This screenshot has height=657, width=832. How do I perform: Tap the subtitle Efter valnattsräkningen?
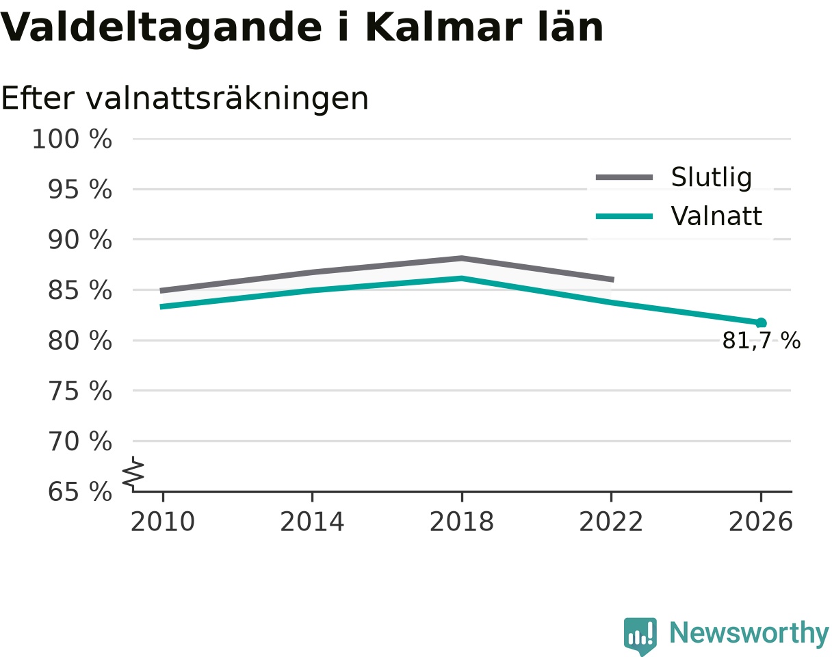185,99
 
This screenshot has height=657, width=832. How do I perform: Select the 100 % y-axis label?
72,139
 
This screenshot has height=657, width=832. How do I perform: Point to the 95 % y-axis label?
80,190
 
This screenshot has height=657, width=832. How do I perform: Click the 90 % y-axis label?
80,240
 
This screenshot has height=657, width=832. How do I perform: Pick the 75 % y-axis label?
80,391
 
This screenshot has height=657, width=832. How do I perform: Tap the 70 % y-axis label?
80,441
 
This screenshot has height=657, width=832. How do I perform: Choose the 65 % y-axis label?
80,492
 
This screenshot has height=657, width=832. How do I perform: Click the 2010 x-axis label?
163,522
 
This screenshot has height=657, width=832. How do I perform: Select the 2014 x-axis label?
312,522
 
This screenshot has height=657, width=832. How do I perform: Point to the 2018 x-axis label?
462,522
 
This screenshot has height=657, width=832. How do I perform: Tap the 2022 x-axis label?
611,522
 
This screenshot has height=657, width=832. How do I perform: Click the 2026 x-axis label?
760,522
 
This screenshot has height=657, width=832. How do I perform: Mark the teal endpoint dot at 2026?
761,323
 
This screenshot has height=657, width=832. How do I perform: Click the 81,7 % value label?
762,341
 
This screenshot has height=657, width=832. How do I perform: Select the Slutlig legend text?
712,178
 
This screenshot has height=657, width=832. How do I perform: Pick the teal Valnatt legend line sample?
625,216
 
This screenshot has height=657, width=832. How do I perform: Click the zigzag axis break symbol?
133,472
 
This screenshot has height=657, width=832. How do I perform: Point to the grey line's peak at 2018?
462,258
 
